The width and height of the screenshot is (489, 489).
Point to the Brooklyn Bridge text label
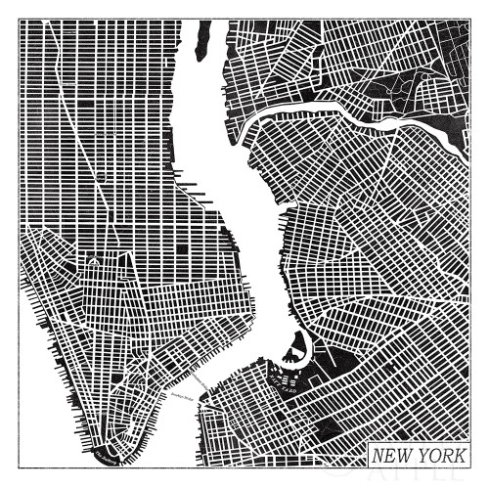tap(182, 396)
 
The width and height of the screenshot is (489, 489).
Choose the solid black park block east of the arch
tap(181, 249)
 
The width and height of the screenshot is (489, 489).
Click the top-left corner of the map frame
tap(20, 20)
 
